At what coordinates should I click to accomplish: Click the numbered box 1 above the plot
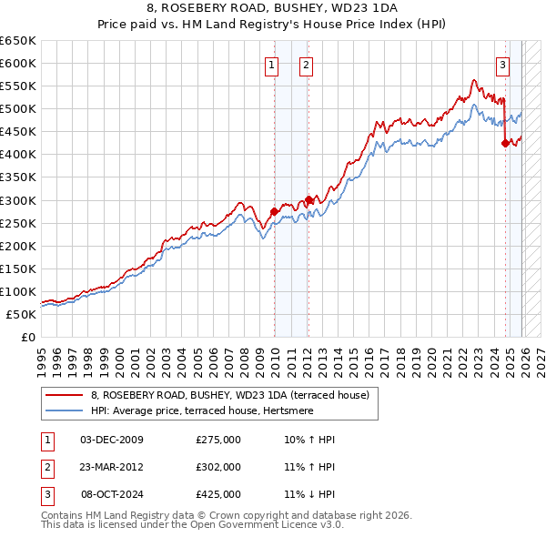(x=272, y=65)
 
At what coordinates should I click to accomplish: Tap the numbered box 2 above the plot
(x=306, y=65)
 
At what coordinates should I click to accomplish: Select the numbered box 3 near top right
(x=501, y=65)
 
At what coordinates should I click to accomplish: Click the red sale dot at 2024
(x=505, y=142)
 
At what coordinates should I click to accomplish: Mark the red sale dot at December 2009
(x=274, y=211)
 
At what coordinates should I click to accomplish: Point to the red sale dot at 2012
(x=308, y=199)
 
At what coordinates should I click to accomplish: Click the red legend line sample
(x=63, y=395)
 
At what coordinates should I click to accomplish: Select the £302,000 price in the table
(x=218, y=467)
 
